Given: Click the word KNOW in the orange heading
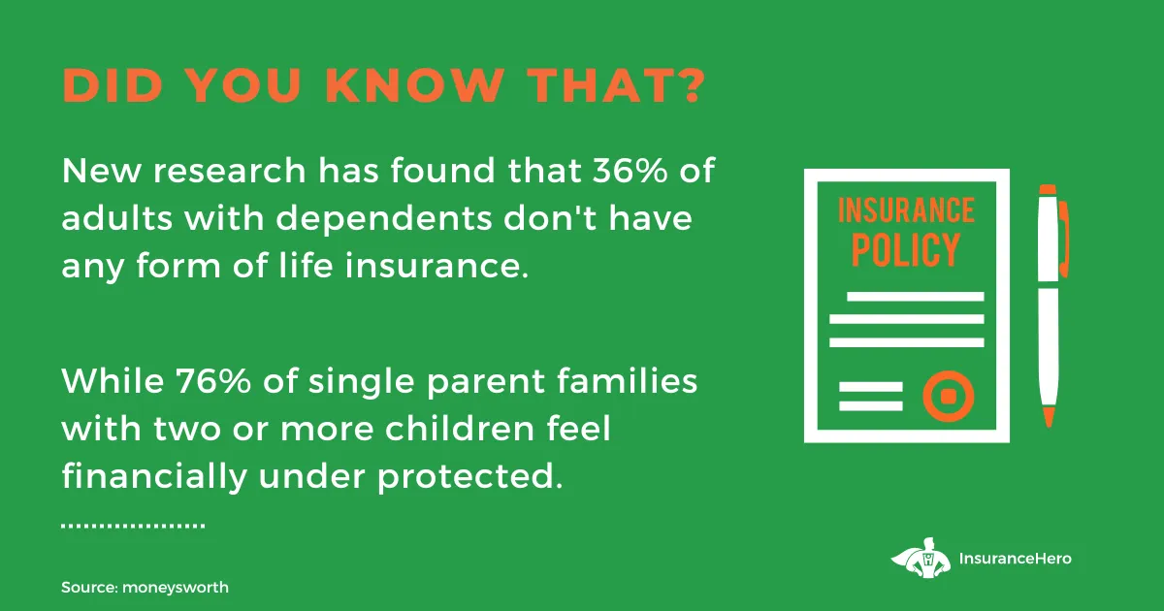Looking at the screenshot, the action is click(415, 84).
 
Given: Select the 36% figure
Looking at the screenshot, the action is click(630, 170).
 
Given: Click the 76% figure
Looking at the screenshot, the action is click(213, 381).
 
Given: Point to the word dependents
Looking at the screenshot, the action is click(383, 217).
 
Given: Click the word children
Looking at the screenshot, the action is click(461, 429).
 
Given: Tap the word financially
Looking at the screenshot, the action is click(154, 476).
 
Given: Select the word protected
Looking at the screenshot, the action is click(469, 477).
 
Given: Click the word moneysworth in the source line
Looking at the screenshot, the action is click(176, 588).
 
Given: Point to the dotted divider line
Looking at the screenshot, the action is click(133, 526).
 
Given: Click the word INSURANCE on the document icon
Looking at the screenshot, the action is click(906, 210).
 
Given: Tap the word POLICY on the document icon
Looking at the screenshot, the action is click(905, 250).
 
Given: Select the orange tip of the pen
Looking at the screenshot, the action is click(1049, 417).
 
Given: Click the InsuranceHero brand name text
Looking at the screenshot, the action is click(1015, 559).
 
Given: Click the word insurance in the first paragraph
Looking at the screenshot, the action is click(436, 266).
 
